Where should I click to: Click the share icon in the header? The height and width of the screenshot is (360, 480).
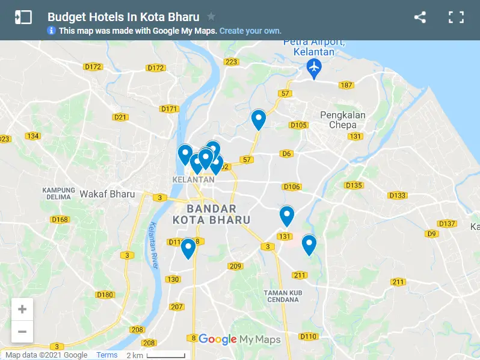[420, 17]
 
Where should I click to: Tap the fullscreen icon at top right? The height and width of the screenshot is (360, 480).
[457, 17]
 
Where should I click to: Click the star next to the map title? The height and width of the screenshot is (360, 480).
[211, 17]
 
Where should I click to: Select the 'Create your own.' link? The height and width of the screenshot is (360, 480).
[250, 31]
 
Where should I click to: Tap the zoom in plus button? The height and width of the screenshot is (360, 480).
[22, 309]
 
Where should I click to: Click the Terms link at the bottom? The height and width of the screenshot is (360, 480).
[107, 355]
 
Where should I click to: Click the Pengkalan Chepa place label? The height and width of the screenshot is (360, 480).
[343, 120]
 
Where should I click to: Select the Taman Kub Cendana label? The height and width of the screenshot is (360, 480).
[281, 297]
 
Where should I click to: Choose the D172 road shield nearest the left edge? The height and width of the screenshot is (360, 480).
[93, 67]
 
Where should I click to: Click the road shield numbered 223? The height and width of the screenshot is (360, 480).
[231, 62]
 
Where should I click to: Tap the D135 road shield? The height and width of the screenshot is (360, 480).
[354, 185]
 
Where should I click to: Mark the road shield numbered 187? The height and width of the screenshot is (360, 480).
[346, 85]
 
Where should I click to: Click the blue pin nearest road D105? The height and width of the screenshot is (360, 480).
[259, 119]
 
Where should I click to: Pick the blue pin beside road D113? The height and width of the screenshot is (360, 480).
[188, 247]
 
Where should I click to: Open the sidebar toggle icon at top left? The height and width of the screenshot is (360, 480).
[23, 17]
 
